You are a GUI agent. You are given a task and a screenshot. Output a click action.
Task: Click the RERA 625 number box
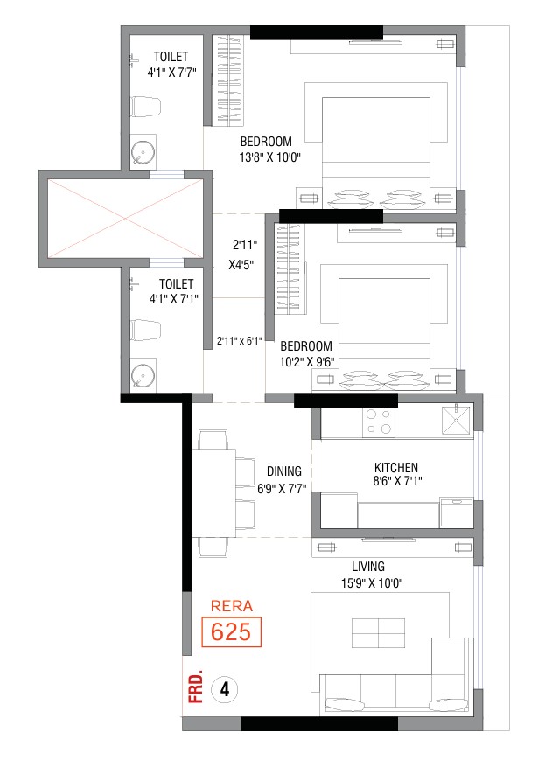point(232,631)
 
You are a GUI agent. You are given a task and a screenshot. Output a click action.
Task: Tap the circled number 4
point(225,689)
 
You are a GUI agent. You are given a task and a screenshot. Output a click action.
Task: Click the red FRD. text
point(196,688)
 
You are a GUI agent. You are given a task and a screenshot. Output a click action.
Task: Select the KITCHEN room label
point(396,467)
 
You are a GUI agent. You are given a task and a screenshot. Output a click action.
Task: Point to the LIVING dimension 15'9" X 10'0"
point(372,583)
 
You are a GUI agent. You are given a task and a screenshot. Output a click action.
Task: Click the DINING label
point(284,471)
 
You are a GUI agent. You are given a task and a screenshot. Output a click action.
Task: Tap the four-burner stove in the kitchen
point(379,422)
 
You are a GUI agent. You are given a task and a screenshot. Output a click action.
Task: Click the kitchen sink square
point(456,420)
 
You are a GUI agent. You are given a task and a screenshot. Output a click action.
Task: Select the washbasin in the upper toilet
point(143,152)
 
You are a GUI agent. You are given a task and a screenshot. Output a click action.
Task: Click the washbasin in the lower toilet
point(143,376)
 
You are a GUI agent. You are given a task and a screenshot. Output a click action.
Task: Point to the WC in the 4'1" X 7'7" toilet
point(146,107)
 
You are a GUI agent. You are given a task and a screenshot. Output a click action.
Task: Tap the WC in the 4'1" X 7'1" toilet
point(146,331)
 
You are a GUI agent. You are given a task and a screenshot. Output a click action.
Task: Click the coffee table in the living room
point(379,633)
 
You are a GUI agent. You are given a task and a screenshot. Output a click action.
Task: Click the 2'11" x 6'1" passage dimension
point(240,340)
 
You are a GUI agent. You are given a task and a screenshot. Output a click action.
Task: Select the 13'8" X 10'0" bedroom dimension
point(269,157)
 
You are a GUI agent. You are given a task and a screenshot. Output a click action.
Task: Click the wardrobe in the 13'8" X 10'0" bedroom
point(229,80)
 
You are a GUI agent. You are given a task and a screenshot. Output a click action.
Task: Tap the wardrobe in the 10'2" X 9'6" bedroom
point(289,268)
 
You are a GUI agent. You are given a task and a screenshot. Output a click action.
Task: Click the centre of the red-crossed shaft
point(125,218)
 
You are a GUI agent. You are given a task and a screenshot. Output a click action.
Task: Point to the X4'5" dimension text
point(241,265)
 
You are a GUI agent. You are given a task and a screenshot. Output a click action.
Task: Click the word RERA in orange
point(232,606)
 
